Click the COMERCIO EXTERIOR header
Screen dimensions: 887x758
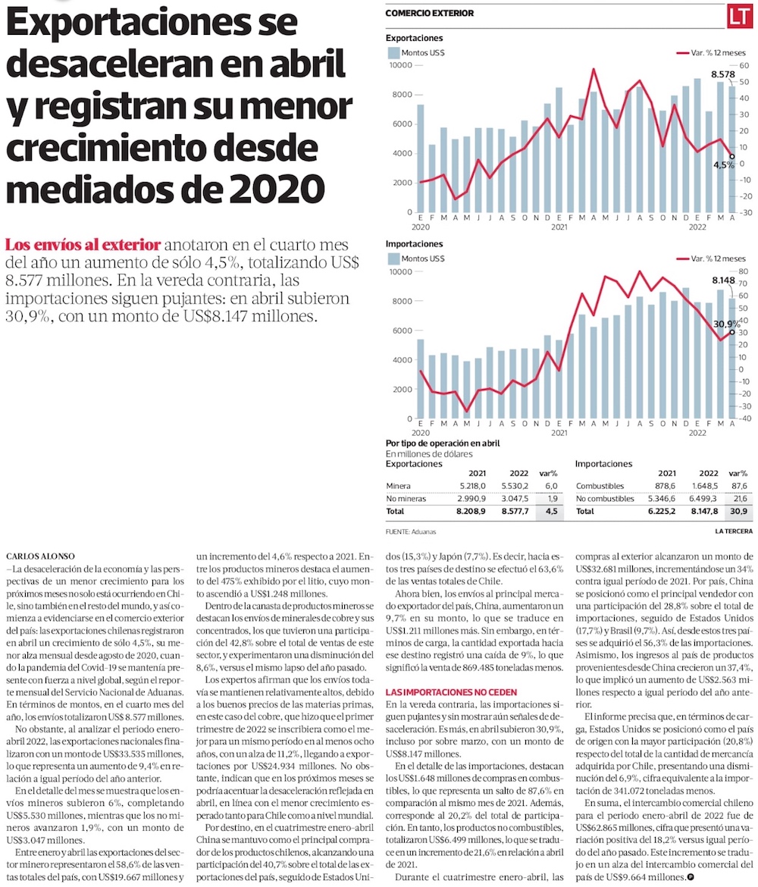coord(429,14)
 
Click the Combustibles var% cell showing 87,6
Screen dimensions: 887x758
coord(736,485)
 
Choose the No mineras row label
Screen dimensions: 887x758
coord(406,499)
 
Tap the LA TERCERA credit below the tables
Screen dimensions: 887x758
coord(733,531)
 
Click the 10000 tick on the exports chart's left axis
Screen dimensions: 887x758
coord(399,65)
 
